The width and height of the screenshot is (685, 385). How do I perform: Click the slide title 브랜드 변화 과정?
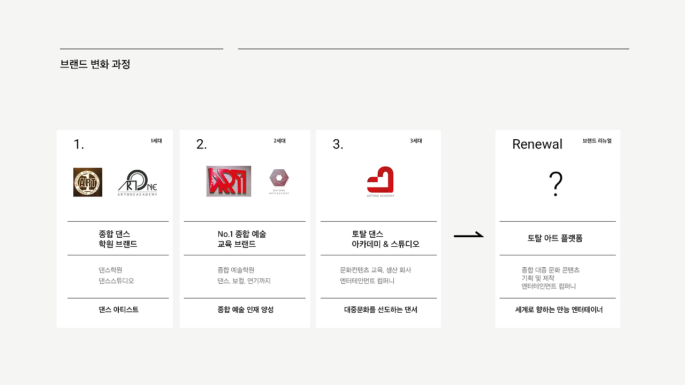[95, 64]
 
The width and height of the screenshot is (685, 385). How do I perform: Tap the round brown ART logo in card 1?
[88, 182]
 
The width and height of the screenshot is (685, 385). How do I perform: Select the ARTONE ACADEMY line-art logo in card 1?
[138, 183]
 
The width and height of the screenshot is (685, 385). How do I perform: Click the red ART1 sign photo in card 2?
[229, 181]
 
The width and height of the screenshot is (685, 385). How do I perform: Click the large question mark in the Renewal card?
[555, 185]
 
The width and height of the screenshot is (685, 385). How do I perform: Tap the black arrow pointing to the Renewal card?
[468, 235]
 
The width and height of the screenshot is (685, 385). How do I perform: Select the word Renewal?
[537, 144]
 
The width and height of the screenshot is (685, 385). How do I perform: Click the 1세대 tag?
[156, 141]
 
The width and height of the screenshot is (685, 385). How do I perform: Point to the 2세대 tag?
[279, 141]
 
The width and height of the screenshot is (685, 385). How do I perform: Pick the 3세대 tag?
[416, 141]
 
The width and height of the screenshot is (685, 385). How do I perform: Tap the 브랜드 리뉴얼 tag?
[597, 141]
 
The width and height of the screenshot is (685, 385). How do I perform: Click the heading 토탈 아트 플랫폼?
[555, 238]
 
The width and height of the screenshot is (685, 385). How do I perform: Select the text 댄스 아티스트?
[118, 309]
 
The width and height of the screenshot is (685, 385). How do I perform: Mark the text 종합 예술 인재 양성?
[245, 309]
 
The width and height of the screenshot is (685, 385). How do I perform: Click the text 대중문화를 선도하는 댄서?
[380, 309]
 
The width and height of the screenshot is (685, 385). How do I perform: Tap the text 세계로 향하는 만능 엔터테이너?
[559, 309]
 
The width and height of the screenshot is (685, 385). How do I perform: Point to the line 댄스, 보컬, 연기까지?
[244, 281]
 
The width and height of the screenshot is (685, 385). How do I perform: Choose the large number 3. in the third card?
[338, 144]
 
